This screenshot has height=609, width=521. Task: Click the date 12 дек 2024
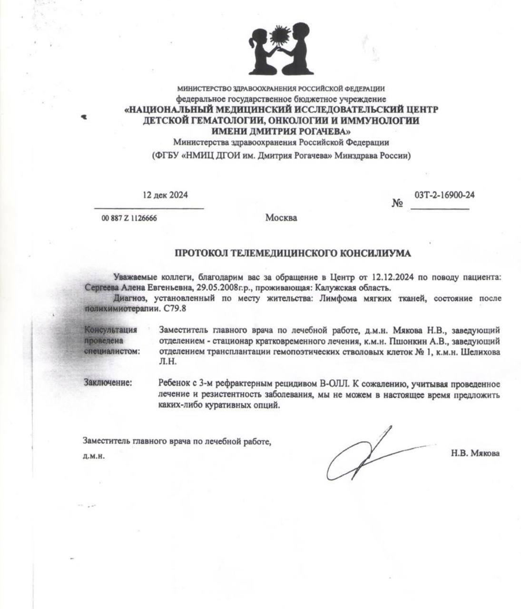165,195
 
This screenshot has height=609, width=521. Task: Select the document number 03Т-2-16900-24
444,195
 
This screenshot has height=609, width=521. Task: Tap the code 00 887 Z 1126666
129,218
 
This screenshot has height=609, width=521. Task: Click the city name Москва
281,218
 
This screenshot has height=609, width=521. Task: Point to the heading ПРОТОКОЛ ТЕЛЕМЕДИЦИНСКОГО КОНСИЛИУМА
293,254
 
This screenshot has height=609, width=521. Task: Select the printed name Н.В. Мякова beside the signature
475,453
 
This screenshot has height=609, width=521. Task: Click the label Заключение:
108,382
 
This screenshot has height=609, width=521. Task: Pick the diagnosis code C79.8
175,308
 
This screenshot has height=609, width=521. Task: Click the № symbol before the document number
397,204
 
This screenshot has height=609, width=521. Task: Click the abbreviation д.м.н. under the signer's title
94,456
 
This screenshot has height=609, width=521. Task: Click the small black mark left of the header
84,116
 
